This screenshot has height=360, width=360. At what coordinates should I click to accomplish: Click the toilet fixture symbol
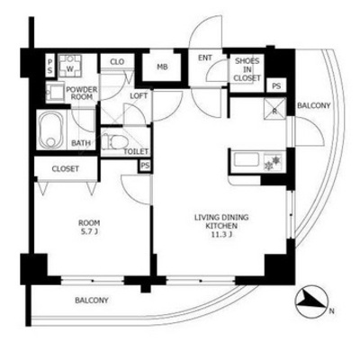pyautogui.click(x=112, y=141)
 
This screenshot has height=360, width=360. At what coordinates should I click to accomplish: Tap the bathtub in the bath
pyautogui.click(x=52, y=130)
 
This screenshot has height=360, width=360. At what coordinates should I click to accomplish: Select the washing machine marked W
pyautogui.click(x=70, y=66)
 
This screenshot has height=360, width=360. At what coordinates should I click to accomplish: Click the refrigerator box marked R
pyautogui.click(x=274, y=109)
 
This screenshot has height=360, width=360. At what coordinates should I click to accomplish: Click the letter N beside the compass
pyautogui.click(x=331, y=311)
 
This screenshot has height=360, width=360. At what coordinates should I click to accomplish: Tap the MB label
pyautogui.click(x=162, y=67)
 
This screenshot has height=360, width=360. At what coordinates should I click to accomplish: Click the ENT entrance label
pyautogui.click(x=205, y=58)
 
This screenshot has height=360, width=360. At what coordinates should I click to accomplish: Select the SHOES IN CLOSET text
pyautogui.click(x=247, y=69)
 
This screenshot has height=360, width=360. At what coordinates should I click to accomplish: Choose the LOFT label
pyautogui.click(x=139, y=96)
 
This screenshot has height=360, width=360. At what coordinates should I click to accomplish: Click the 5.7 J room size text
pyautogui.click(x=89, y=231)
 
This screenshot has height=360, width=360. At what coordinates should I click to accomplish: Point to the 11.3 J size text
pyautogui.click(x=221, y=235)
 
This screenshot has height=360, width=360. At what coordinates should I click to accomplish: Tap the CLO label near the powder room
pyautogui.click(x=117, y=62)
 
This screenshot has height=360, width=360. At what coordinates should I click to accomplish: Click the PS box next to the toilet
pyautogui.click(x=145, y=166)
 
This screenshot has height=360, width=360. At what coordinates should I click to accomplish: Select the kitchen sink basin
pyautogui.click(x=247, y=159)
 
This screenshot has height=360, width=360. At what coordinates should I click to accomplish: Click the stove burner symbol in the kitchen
pyautogui.click(x=273, y=162)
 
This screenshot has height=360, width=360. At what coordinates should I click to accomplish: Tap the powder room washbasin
pyautogui.click(x=55, y=92)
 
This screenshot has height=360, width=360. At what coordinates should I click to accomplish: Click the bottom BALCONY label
pyautogui.click(x=92, y=300)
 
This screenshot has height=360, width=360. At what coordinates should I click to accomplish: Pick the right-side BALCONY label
pyautogui.click(x=313, y=105)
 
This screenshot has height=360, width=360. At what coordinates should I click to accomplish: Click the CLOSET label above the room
pyautogui.click(x=66, y=168)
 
